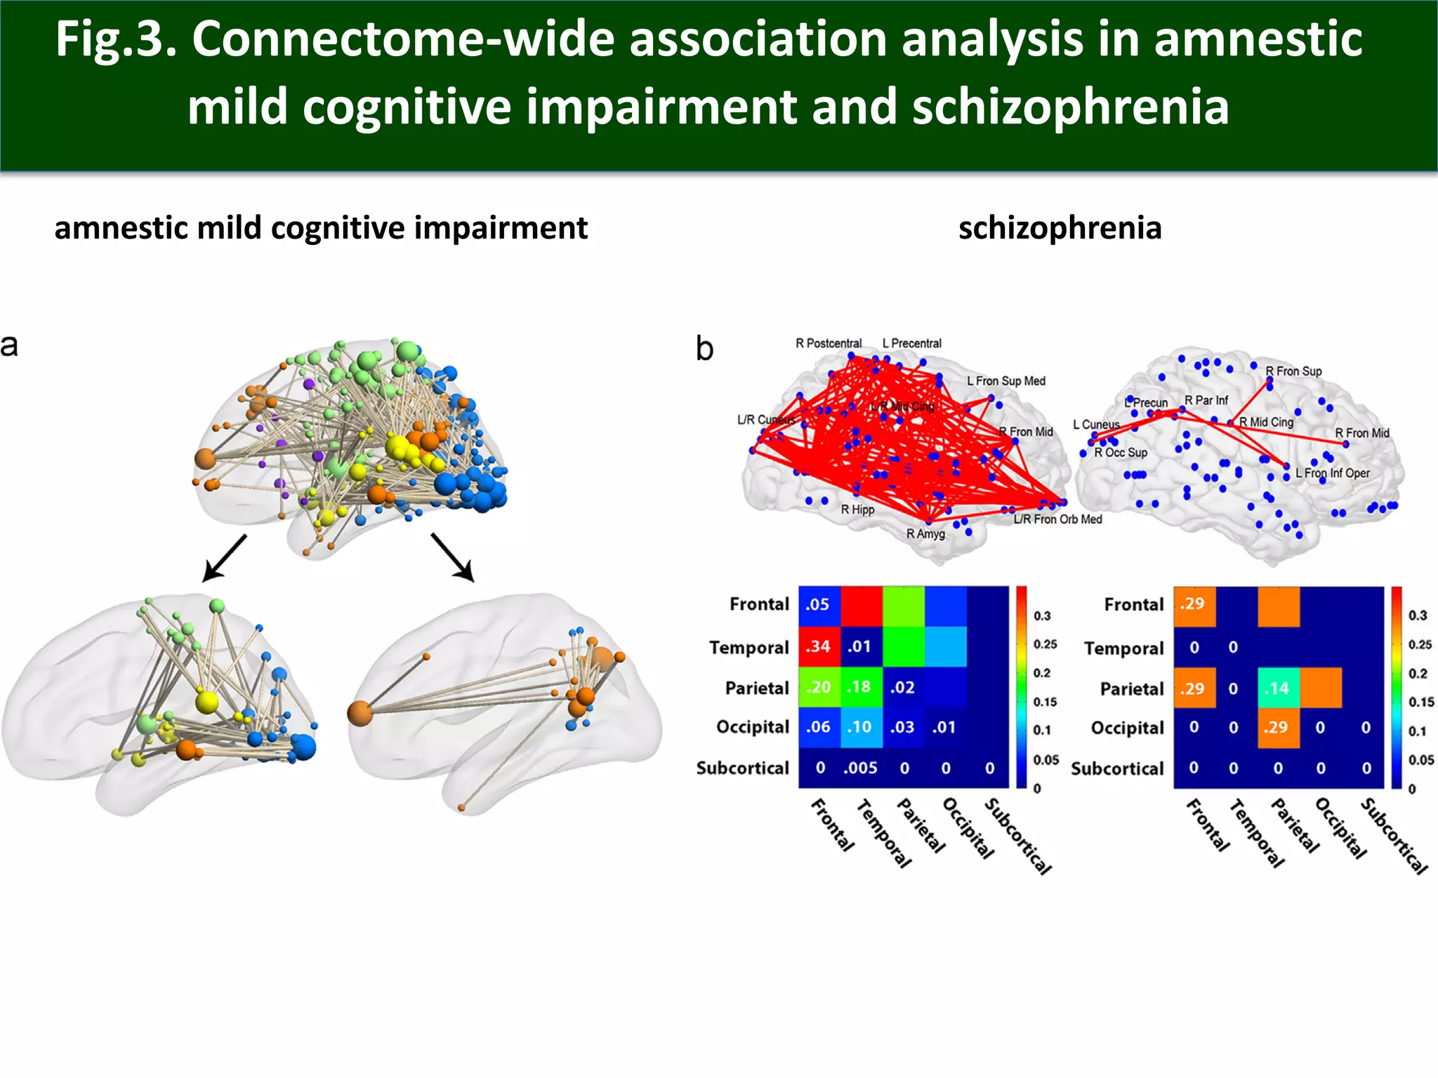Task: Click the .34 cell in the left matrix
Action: click(819, 646)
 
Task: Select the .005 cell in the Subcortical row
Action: click(861, 768)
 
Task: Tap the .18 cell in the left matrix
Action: click(861, 687)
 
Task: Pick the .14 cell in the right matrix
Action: click(1277, 688)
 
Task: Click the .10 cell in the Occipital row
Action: click(861, 727)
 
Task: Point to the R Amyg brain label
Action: click(925, 534)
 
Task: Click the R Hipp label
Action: click(857, 510)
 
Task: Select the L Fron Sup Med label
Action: click(1005, 381)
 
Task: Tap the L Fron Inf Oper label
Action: click(1332, 473)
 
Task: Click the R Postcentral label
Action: click(828, 343)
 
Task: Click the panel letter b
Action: click(704, 349)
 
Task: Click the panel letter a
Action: click(9, 346)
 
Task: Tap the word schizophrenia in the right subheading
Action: click(1060, 228)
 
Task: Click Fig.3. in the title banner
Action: click(115, 39)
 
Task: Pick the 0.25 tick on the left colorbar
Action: click(1045, 644)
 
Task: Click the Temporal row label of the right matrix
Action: click(1123, 648)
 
